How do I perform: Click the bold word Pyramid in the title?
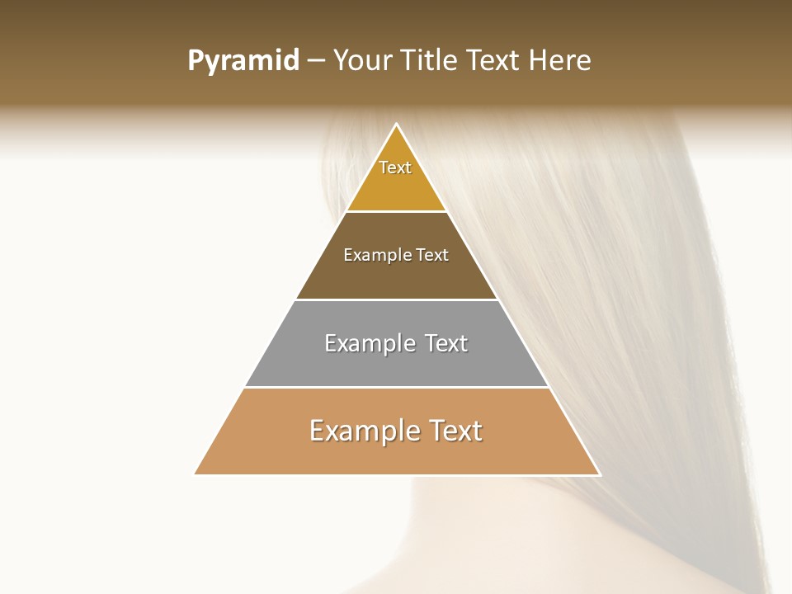(243, 61)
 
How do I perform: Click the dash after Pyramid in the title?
(316, 61)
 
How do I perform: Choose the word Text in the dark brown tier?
(431, 255)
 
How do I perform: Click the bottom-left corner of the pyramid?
(195, 474)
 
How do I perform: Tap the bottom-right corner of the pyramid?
(600, 474)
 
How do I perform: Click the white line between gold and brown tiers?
(396, 211)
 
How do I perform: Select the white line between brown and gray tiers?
(396, 299)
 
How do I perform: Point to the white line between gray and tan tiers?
(396, 387)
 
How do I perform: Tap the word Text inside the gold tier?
(395, 167)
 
